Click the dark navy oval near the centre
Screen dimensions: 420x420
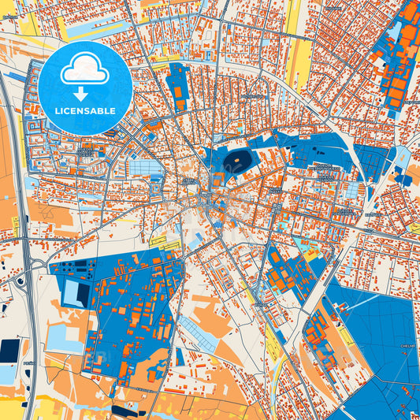click(236, 162)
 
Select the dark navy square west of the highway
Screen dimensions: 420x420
click(9, 349)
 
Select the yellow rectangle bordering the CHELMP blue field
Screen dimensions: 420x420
click(345, 336)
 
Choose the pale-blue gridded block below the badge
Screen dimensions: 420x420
click(147, 167)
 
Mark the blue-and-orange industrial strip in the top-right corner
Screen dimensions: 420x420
click(398, 55)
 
